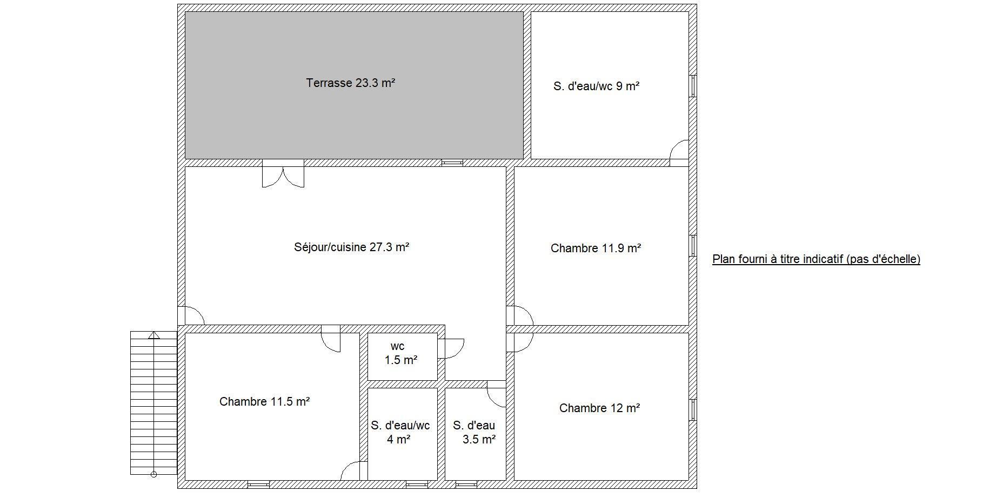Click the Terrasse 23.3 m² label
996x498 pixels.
pos(351,83)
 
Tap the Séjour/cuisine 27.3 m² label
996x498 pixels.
pos(351,247)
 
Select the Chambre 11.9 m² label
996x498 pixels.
pos(596,248)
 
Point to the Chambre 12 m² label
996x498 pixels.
pos(599,408)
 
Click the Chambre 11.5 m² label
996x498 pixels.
pos(264,402)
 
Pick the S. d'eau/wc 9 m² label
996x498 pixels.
pos(597,86)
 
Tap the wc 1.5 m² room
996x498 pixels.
pos(403,356)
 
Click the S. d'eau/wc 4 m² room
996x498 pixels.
pos(403,434)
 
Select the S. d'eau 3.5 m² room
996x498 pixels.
pos(475,434)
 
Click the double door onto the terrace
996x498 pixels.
pos(283,173)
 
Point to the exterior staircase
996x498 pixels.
pos(154,403)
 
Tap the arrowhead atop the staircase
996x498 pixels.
pos(154,335)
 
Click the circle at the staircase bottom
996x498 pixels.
pos(153,475)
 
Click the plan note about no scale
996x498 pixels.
pos(816,259)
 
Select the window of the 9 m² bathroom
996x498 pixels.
pos(693,86)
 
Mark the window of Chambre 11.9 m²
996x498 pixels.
pos(693,246)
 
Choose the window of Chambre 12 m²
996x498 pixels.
pos(693,410)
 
